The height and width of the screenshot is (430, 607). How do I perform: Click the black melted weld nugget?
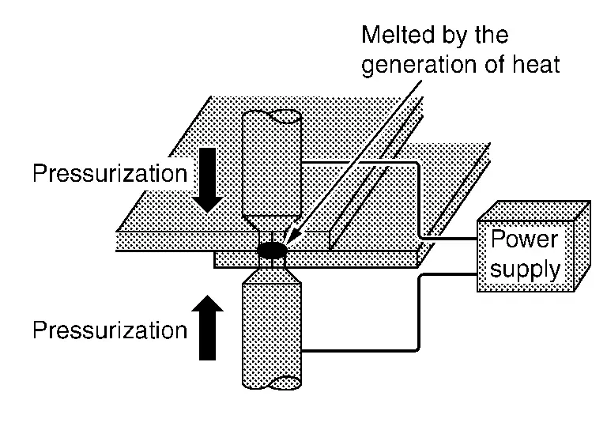(x=272, y=250)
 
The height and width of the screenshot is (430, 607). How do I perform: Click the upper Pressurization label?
(x=110, y=174)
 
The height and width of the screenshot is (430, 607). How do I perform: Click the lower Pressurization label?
(x=110, y=330)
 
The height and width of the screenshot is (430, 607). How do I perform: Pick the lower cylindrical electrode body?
(x=271, y=332)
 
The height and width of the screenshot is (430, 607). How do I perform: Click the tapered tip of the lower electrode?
(x=271, y=273)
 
